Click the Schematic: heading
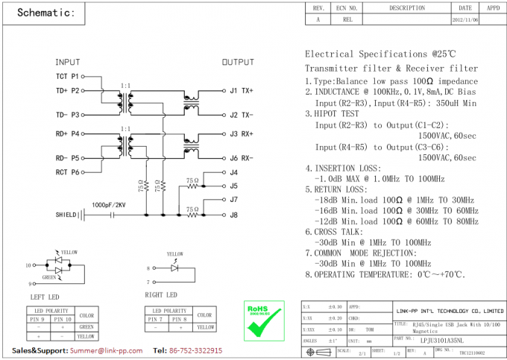coord(45,13)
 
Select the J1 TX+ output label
coord(242,91)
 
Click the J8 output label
coord(234,215)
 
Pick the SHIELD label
coord(66,215)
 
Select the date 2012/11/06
coord(466,20)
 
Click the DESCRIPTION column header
coord(406,8)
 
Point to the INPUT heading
coord(68,62)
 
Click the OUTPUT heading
coord(238,62)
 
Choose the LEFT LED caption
coord(44,297)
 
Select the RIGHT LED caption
coord(160,294)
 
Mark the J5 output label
coord(234,186)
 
